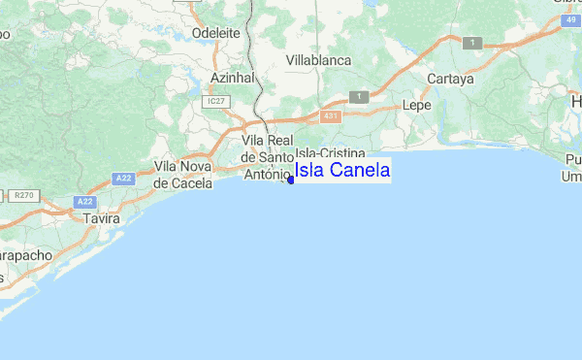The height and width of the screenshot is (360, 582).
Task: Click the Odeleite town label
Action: [216, 31]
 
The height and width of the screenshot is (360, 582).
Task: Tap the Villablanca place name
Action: [319, 60]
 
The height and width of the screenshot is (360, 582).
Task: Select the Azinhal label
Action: [230, 77]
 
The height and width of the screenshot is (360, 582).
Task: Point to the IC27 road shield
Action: [214, 100]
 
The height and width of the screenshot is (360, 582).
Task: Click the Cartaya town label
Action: [453, 80]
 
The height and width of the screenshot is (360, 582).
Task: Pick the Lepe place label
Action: [415, 104]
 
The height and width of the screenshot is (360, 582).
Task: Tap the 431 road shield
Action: [332, 115]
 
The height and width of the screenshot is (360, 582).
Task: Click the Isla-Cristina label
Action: [330, 154]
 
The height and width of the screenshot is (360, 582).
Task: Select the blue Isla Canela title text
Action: [342, 172]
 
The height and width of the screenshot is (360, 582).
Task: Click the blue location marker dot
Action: [291, 179]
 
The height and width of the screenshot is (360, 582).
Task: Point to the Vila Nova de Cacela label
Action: [183, 175]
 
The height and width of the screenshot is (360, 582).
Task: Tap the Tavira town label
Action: [101, 219]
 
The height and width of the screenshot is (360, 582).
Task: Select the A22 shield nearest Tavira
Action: [84, 202]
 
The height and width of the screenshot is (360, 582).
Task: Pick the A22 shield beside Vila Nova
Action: [122, 178]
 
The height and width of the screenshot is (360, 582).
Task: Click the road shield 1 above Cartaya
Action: [472, 43]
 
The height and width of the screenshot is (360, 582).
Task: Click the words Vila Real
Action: [267, 141]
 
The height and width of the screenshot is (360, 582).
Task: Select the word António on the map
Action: [267, 174]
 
